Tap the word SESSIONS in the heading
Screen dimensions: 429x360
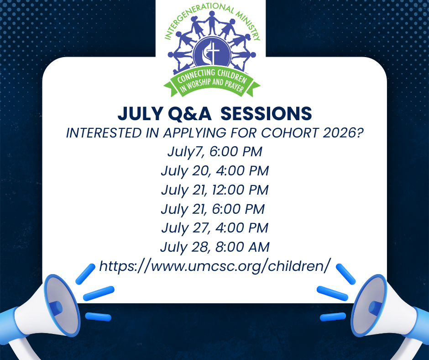coord(266,113)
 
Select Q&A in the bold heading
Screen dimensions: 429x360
coord(189,113)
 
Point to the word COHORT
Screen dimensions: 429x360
coord(290,133)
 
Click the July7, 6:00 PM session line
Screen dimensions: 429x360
coord(215,152)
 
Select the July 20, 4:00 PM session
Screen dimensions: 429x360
coord(215,171)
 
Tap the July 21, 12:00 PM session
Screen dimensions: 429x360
coord(215,190)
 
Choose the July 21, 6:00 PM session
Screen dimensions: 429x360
coord(213,209)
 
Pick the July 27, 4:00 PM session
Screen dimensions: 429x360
coord(215,228)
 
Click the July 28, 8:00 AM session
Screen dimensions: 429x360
coord(215,247)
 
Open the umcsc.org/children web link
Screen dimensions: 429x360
coord(215,266)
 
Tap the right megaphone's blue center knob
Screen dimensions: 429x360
coord(375,308)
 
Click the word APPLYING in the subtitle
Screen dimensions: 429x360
coord(195,133)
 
